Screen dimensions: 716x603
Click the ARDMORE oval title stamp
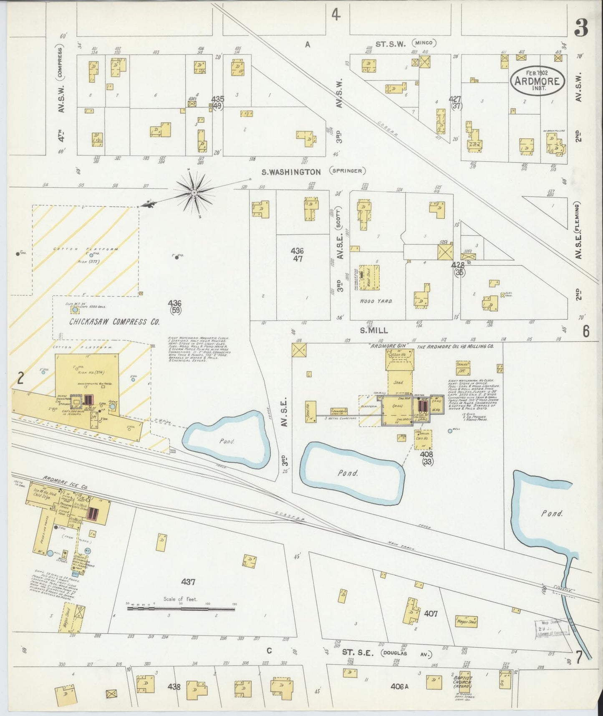(537, 81)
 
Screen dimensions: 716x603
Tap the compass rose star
(194, 193)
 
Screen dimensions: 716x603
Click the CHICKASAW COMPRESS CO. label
(114, 322)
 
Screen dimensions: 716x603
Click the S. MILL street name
(374, 330)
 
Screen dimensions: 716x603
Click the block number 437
(188, 581)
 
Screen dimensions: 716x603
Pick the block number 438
(174, 686)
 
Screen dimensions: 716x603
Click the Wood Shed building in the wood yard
(369, 277)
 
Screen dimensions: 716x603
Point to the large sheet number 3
(580, 28)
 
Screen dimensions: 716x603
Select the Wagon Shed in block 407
(466, 622)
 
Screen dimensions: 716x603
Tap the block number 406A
(400, 686)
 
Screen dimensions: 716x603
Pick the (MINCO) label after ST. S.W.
(425, 43)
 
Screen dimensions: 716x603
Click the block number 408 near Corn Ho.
(426, 454)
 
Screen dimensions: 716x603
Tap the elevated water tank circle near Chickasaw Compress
(75, 310)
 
